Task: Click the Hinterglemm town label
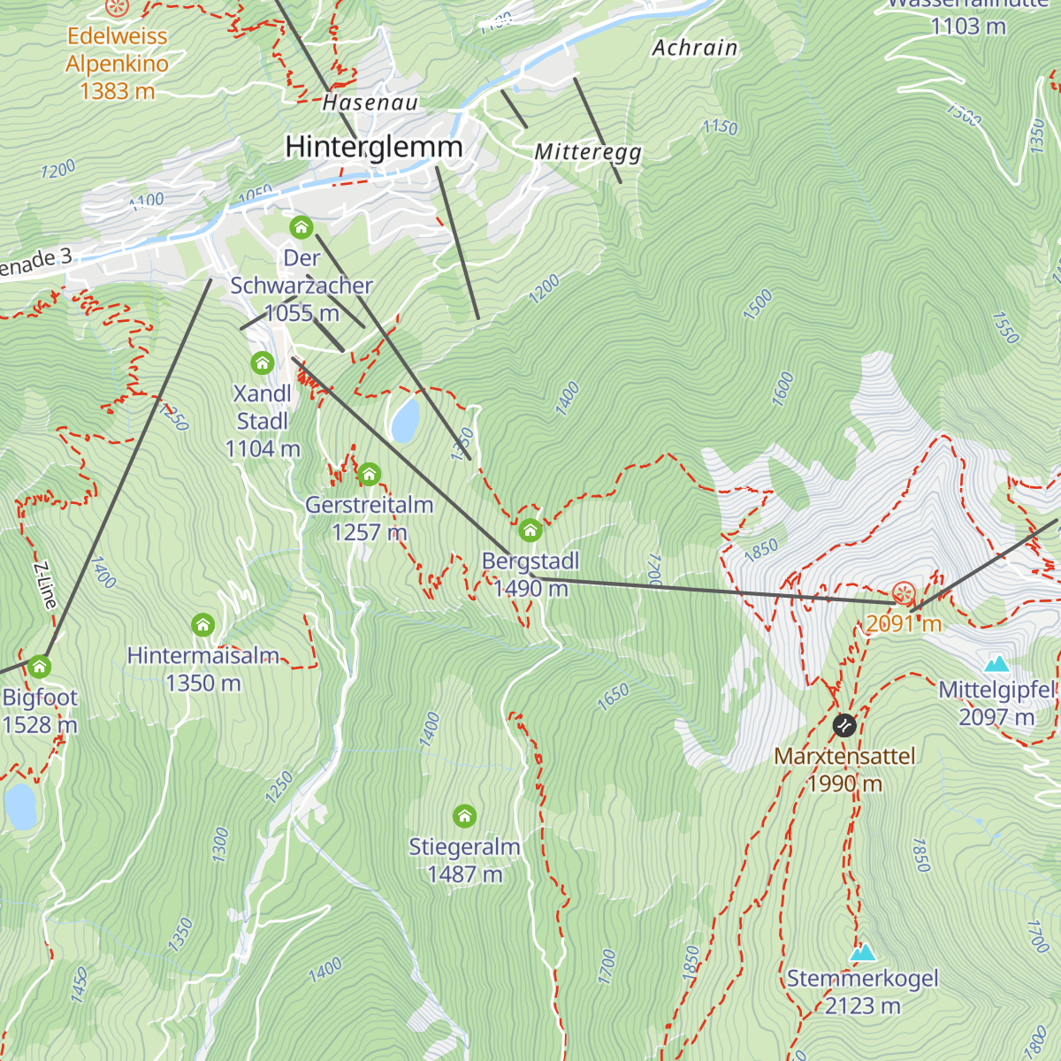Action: pos(373,147)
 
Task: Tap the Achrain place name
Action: pos(695,48)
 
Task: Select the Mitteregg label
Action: pos(588,152)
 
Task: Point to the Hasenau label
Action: pos(370,103)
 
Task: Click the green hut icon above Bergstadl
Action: pos(530,530)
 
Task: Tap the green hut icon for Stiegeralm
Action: pos(464,815)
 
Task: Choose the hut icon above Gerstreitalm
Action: pos(369,475)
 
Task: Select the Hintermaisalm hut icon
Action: pos(203,625)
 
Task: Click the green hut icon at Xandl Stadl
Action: pos(262,363)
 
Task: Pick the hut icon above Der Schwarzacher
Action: pos(301,227)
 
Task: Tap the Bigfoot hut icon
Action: pos(39,666)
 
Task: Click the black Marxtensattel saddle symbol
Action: pos(844,725)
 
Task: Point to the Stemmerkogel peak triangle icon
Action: pos(862,952)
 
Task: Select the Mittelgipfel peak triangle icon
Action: pos(996,663)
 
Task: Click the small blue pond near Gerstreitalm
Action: pos(405,419)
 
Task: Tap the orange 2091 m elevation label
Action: pos(903,623)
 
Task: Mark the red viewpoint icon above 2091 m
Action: pos(904,593)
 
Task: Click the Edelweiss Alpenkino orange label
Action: pos(117,63)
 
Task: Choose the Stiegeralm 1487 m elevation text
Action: pos(464,874)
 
